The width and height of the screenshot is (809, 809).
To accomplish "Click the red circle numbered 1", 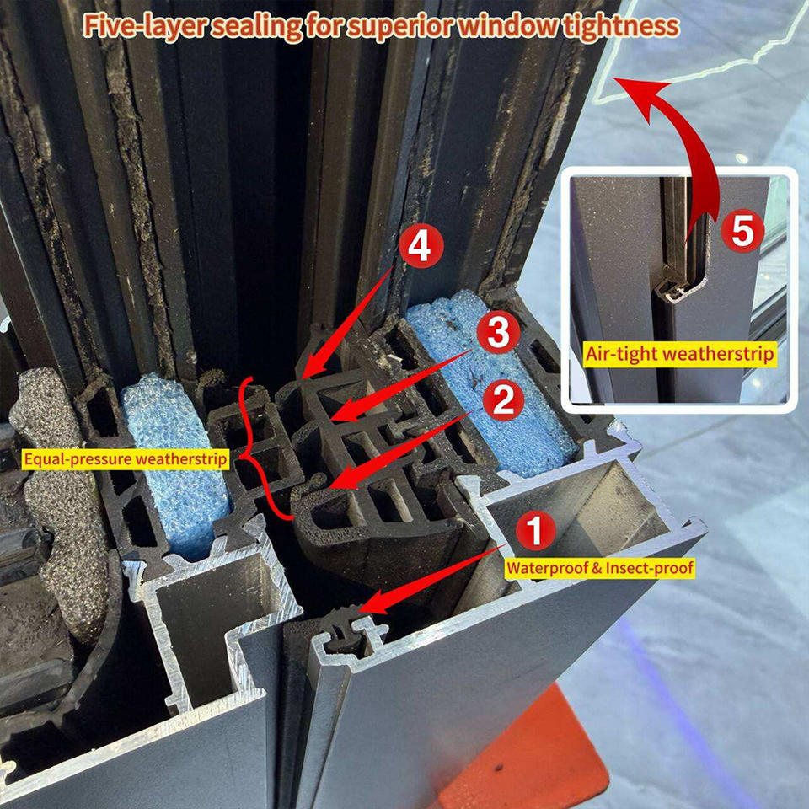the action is click(536, 530).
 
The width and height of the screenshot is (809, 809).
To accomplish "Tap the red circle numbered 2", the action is click(503, 399).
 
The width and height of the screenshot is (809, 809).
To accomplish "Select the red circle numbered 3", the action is click(498, 333).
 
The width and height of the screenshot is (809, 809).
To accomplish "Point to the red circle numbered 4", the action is click(421, 247).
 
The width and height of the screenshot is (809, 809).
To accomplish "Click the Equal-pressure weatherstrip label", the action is click(126, 458).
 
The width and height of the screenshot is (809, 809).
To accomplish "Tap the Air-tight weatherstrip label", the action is click(680, 355).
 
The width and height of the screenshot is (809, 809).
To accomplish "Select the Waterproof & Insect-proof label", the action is click(600, 568).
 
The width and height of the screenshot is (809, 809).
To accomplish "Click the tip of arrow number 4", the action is click(302, 378).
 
